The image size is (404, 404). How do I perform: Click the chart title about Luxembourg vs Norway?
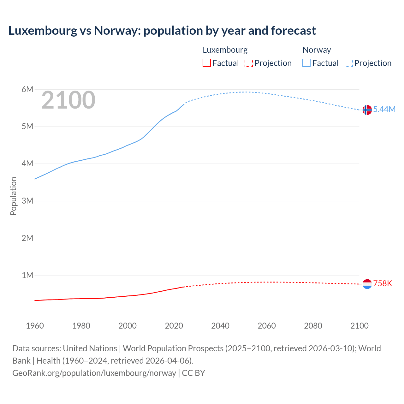tap(162, 31)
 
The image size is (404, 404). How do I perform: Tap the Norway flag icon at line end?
tap(367, 110)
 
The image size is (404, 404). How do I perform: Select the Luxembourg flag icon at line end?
tap(367, 284)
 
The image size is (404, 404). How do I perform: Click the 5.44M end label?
tap(384, 109)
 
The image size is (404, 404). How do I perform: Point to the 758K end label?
tap(383, 283)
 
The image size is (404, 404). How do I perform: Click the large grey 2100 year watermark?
tap(68, 100)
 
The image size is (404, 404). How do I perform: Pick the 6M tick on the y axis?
tap(27, 89)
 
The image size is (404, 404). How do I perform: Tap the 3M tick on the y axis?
tap(27, 201)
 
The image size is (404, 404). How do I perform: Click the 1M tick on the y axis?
tap(27, 275)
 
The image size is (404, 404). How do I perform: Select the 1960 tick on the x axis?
tap(35, 326)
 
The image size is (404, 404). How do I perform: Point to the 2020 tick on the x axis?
tap(174, 326)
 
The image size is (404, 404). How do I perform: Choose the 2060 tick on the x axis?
tap(267, 326)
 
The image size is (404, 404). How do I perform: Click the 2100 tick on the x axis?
tap(359, 326)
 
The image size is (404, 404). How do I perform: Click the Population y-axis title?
tap(13, 196)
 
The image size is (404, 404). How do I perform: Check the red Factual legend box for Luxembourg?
tap(207, 63)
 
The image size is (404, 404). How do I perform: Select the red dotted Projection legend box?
tap(249, 63)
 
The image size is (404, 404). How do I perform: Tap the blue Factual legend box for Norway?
tap(306, 63)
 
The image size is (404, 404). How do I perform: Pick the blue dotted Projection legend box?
tap(348, 63)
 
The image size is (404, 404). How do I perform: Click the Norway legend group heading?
tap(317, 50)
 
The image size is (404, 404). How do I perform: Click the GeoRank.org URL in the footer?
tap(94, 373)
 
